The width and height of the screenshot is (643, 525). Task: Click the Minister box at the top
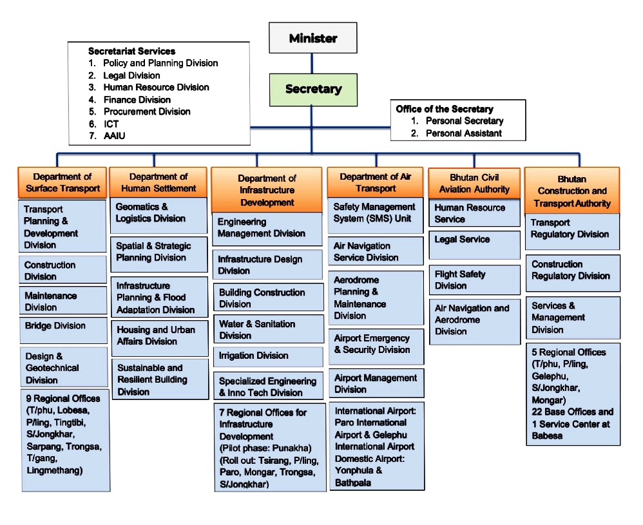point(312,38)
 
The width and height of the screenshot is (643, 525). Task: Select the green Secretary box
point(313,90)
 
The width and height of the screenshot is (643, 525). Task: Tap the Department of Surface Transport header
point(62,182)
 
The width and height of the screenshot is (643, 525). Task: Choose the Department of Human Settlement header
point(158,182)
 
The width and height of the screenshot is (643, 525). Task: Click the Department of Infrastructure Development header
point(267,190)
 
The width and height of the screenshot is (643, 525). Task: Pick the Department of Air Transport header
point(375,182)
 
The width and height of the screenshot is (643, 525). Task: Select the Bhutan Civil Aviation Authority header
point(474,183)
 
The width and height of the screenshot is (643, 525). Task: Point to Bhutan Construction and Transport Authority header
point(572,191)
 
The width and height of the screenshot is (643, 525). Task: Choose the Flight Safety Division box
point(474,280)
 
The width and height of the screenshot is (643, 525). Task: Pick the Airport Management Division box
point(375,383)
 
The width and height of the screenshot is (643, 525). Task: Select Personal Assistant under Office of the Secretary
point(463,133)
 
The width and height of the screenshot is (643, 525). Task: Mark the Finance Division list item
point(137,100)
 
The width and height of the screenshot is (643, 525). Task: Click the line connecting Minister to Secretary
point(312,63)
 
